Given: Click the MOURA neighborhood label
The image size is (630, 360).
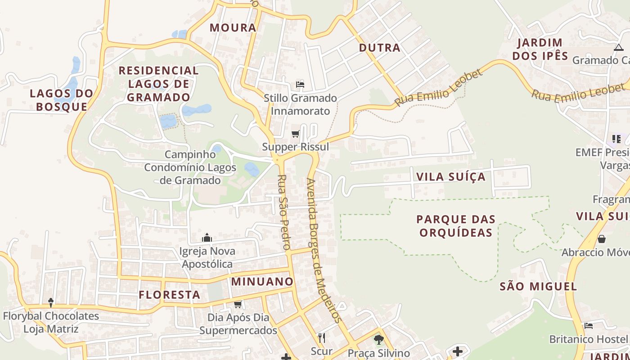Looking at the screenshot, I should [x=233, y=27].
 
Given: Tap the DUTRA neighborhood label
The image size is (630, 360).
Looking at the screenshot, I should [x=379, y=48].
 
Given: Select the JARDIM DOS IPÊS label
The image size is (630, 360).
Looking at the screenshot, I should [x=540, y=49].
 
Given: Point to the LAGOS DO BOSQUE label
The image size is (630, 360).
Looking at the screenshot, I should [x=62, y=100].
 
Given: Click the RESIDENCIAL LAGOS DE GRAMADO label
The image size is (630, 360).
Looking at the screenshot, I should [x=158, y=84].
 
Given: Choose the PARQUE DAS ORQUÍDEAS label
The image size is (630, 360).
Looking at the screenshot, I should [x=456, y=225].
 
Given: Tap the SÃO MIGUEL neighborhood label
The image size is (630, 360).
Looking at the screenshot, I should [x=538, y=286].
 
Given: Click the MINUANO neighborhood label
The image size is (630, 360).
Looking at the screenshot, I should [x=262, y=282].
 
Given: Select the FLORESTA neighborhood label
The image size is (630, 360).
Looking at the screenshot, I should [x=169, y=295].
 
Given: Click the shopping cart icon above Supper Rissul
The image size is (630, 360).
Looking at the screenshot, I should [x=296, y=134].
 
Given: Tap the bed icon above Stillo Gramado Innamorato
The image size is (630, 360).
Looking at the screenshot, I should [x=300, y=85].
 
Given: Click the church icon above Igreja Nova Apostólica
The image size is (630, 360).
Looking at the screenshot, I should [x=207, y=237].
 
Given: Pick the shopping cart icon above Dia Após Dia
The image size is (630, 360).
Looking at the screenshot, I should [x=238, y=304].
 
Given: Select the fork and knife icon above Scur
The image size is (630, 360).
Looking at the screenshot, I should [x=321, y=337].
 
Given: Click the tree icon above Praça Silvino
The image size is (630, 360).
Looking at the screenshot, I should [x=379, y=339].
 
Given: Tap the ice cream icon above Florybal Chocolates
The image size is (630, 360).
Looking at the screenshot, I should [x=51, y=302].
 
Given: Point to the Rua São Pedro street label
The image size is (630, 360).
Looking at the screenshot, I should [x=283, y=212].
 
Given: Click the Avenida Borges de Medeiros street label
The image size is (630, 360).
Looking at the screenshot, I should [x=323, y=250].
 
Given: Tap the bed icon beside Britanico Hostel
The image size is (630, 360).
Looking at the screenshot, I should [x=588, y=325].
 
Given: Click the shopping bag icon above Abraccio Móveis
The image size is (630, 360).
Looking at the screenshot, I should [x=601, y=238].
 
